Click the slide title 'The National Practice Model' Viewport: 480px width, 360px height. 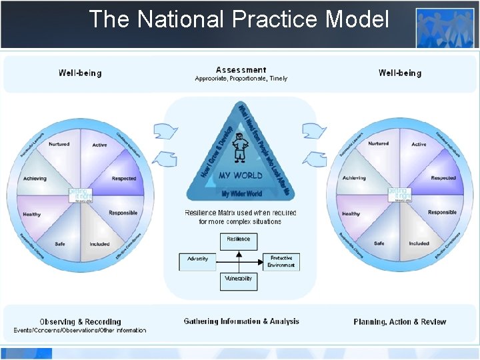click(239, 19)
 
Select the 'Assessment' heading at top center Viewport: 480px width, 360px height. click(241, 70)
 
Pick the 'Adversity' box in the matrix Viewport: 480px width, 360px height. click(198, 259)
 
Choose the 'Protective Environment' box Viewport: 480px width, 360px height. click(280, 261)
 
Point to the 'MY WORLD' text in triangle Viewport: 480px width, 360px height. click(241, 175)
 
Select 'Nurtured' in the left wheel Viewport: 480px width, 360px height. click(59, 144)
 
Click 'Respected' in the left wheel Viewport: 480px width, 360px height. click(124, 179)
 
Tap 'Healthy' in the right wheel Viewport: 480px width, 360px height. click(351, 214)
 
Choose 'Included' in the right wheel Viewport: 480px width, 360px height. click(419, 243)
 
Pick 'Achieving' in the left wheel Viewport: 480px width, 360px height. click(35, 179)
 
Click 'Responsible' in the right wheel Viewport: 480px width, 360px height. click(442, 213)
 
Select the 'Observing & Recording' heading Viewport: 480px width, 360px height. click(80, 322)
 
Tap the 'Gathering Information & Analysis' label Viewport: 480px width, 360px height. click(241, 321)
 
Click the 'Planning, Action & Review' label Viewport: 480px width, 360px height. click(399, 322)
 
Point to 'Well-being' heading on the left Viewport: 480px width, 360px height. click(80, 73)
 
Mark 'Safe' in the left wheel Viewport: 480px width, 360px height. click(59, 243)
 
